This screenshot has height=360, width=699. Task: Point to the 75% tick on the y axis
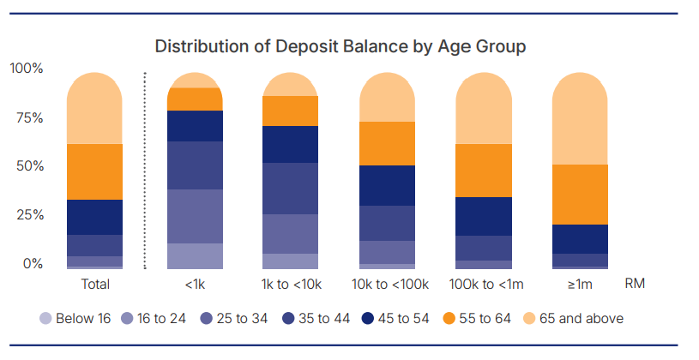click(x=29, y=118)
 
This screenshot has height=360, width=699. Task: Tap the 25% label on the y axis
click(x=30, y=215)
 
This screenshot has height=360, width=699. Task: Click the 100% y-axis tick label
click(x=27, y=69)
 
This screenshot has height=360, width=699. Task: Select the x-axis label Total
click(x=95, y=284)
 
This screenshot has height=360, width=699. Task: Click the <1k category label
click(x=195, y=284)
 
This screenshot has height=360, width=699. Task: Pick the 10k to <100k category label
click(x=390, y=284)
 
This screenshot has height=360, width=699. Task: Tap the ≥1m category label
click(x=580, y=285)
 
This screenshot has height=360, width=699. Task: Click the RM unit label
click(x=635, y=284)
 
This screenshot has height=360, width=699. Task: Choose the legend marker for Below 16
click(x=46, y=319)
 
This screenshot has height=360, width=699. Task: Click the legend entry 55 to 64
click(x=477, y=319)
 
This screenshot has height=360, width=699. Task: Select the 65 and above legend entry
click(x=573, y=319)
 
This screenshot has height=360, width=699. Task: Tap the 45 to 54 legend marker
click(x=368, y=319)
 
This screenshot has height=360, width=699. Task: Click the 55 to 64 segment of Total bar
click(x=94, y=171)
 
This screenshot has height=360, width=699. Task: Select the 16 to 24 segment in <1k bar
click(x=195, y=256)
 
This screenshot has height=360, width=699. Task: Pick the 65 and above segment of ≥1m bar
click(x=580, y=118)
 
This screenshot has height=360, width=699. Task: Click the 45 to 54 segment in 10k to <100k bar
click(x=388, y=185)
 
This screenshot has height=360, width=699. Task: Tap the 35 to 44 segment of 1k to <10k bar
click(x=290, y=189)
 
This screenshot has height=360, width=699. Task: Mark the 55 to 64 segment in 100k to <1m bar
click(x=484, y=171)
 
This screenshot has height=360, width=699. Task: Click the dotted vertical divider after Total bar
click(x=145, y=171)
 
